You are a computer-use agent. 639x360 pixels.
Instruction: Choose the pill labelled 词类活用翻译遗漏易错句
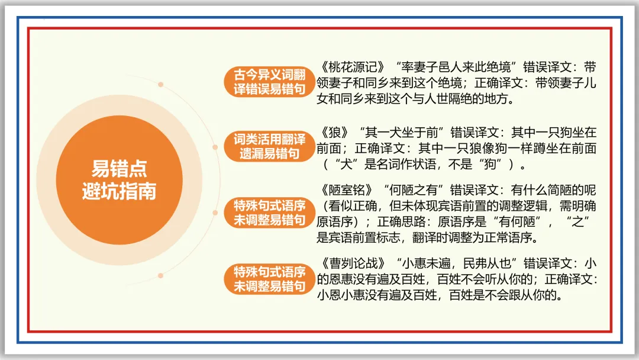click(269, 146)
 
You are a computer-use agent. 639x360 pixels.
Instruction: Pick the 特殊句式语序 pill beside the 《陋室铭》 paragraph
click(269, 213)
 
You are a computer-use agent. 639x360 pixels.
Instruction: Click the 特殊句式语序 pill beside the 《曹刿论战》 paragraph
click(269, 279)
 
